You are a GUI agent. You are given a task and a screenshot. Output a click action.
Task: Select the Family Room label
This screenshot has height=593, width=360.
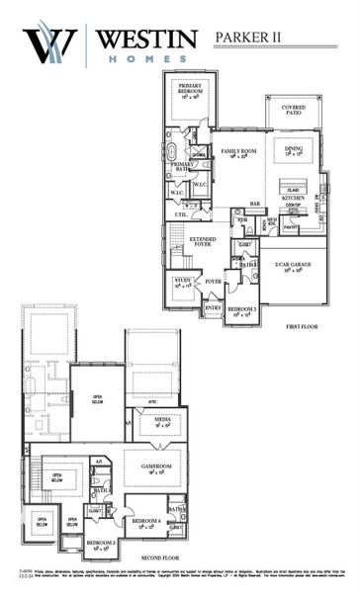tap(237, 151)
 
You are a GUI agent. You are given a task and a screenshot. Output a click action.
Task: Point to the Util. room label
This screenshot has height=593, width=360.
tap(181, 213)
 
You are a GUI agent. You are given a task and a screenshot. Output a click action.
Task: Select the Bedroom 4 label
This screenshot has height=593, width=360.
tap(147, 521)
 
